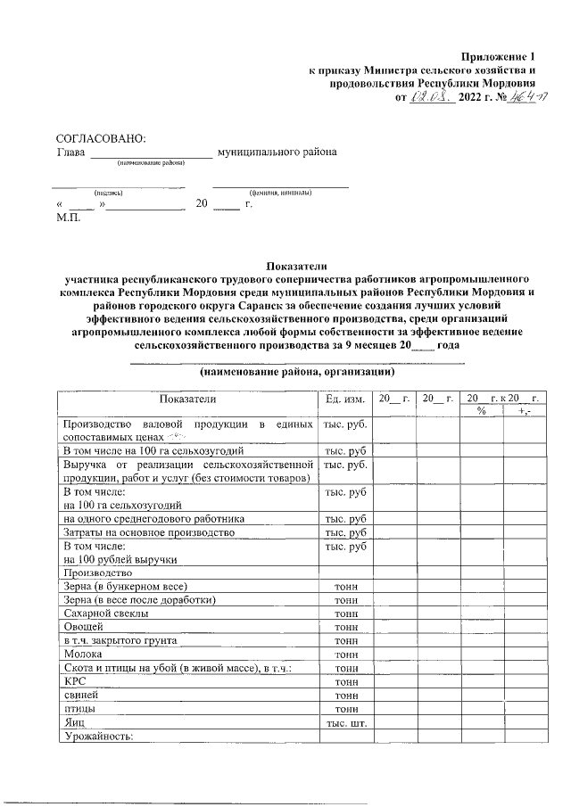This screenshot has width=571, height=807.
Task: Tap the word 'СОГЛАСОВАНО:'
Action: [x=100, y=138]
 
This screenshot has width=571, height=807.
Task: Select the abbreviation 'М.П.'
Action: [x=68, y=218]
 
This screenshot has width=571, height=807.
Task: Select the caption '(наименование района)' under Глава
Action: [x=149, y=163]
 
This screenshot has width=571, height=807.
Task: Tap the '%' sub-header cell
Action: [x=481, y=411]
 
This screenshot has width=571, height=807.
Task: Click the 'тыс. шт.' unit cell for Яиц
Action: [x=345, y=721]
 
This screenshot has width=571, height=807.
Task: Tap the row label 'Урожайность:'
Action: [x=96, y=735]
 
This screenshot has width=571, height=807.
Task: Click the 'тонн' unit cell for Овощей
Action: [x=345, y=627]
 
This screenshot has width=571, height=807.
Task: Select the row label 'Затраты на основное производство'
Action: [x=148, y=531]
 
